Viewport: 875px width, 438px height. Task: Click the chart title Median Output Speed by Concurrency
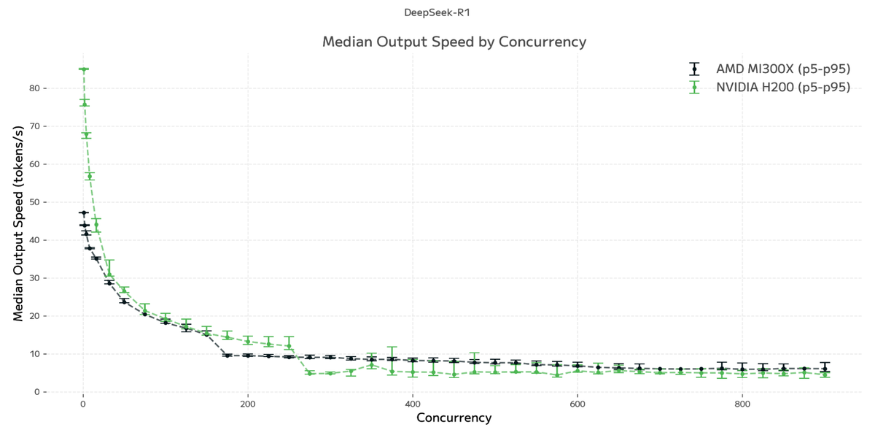point(454,42)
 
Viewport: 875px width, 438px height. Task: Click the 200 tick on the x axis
point(248,404)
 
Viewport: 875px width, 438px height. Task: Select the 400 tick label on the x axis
point(413,404)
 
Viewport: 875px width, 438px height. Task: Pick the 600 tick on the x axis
point(577,404)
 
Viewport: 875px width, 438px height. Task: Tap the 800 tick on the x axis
point(742,404)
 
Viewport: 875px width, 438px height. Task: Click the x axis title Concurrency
point(454,418)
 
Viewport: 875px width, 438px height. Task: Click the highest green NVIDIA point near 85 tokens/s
point(84,69)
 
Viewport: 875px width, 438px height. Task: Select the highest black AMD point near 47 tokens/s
point(84,213)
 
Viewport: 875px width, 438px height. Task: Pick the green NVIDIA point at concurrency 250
point(289,346)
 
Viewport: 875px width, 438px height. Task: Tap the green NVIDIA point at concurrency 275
point(309,373)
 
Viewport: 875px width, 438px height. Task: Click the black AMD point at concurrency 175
point(227,356)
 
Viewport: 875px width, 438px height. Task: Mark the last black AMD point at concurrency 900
point(825,369)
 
